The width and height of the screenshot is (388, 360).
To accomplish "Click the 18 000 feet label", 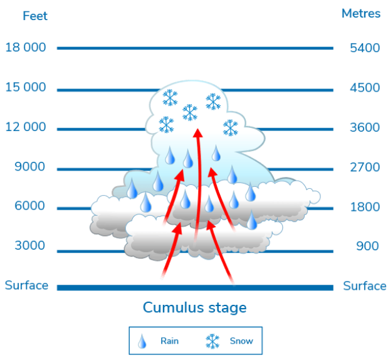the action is click(x=26, y=48).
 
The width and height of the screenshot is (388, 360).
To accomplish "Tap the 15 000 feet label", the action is click(x=26, y=87).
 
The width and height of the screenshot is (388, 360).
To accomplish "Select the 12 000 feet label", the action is click(x=26, y=127).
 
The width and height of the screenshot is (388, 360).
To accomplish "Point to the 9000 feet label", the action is click(x=29, y=167).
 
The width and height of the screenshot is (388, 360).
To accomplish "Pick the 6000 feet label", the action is click(x=29, y=206).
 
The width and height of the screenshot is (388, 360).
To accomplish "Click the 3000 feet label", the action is click(x=29, y=246).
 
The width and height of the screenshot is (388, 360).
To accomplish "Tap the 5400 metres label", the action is click(x=365, y=48).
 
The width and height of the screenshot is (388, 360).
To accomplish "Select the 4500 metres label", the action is click(x=365, y=88).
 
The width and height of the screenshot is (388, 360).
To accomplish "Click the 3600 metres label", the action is click(x=365, y=128).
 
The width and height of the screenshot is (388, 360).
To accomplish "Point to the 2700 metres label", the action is click(x=365, y=167).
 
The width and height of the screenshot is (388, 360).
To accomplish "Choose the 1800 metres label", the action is click(x=365, y=207).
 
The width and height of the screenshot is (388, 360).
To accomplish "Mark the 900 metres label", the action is click(x=367, y=246).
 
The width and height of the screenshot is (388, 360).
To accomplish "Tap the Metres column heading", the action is click(x=360, y=14).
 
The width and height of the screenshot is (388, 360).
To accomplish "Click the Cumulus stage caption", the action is click(x=194, y=308).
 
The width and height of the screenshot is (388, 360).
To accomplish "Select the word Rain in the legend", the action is click(x=169, y=341).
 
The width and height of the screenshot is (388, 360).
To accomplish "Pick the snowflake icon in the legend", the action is click(x=213, y=341).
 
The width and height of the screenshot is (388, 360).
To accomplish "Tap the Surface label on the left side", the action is click(x=26, y=285).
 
